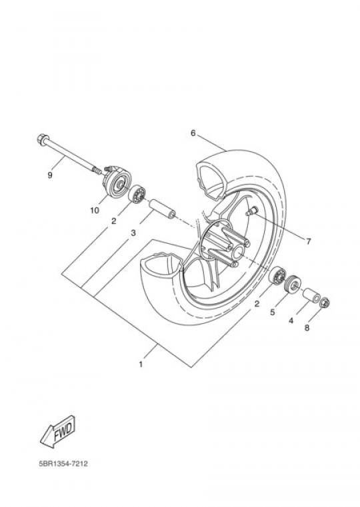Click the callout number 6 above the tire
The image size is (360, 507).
point(193,133)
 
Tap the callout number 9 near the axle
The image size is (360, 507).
point(50,175)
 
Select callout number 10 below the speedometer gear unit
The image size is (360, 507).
point(95,211)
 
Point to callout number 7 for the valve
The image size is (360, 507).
point(308,241)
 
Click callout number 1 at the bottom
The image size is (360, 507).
point(141,364)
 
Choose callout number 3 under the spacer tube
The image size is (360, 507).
point(133,233)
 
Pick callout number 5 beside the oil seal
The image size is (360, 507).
point(273,312)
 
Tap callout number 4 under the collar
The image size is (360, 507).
point(291,320)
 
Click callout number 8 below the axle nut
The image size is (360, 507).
point(307,328)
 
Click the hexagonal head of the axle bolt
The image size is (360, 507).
point(43,139)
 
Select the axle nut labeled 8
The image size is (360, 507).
point(324,303)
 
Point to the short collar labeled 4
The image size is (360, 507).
point(311,294)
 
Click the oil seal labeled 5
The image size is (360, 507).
point(293,283)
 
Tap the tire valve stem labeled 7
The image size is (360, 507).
point(251,211)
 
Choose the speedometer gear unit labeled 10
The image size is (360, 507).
point(116,183)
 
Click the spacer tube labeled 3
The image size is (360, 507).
point(162,209)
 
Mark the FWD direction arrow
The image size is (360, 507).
point(57,431)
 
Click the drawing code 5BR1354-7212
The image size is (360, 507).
point(63,464)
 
